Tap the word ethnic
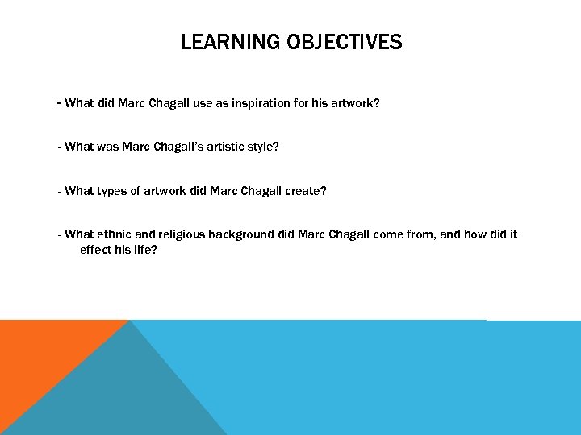(x=113, y=234)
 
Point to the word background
(x=241, y=234)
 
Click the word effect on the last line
(x=96, y=250)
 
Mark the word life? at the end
(x=144, y=250)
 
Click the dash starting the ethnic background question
(x=60, y=234)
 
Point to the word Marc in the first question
(x=131, y=103)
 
